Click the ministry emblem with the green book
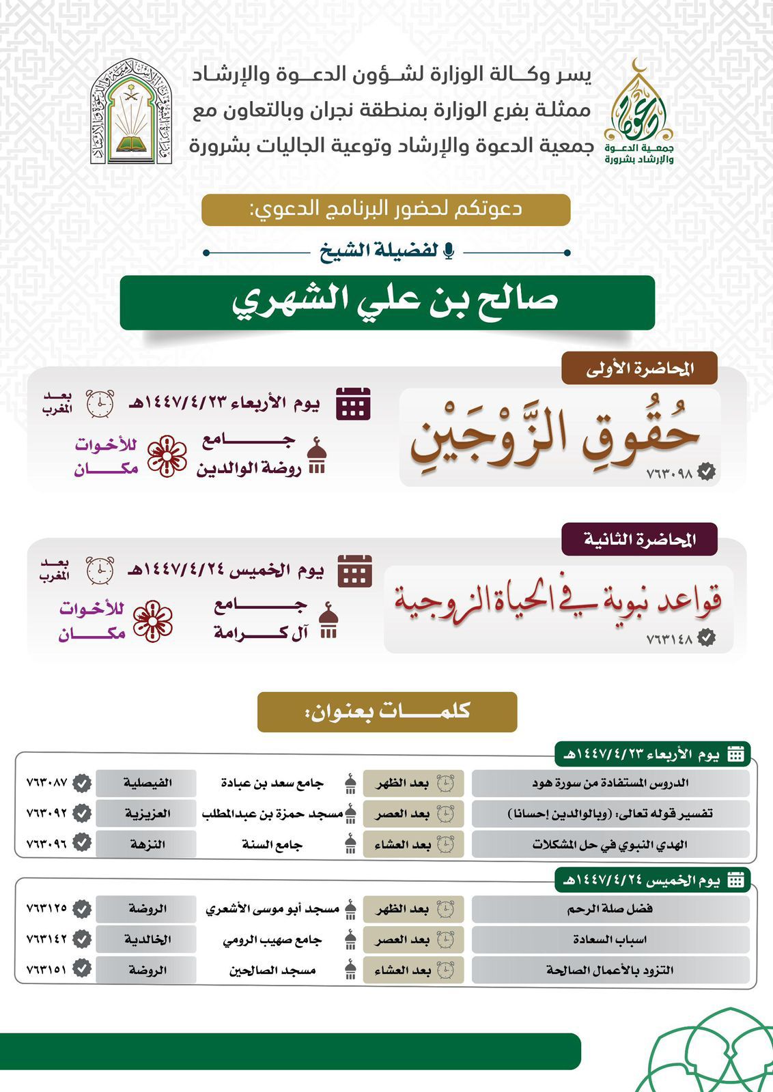131,111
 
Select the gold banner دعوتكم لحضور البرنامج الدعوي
386,210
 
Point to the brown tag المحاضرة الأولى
639,369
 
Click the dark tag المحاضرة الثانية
639,539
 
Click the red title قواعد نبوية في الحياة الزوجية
557,601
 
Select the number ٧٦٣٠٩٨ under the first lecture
669,472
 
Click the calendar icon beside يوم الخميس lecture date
355,571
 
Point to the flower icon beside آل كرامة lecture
152,621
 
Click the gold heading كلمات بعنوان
387,711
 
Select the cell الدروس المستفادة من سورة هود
610,783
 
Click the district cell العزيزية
147,814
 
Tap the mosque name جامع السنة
272,844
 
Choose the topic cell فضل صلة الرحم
610,909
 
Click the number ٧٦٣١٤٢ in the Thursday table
46,939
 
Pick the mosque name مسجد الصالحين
272,970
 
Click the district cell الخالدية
147,939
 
